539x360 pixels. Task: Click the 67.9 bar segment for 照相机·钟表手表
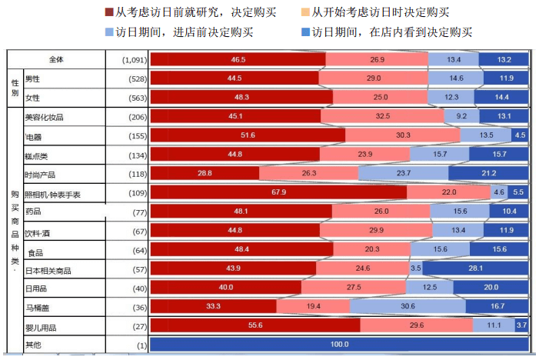(x=278, y=192)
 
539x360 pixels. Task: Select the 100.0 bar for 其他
(x=339, y=344)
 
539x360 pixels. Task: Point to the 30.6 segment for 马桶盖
(x=408, y=306)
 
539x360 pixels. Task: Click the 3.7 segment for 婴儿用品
(x=521, y=325)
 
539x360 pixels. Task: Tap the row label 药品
(x=34, y=212)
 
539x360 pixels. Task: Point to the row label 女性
(x=33, y=98)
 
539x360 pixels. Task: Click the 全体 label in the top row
(x=58, y=60)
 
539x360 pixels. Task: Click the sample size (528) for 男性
(x=128, y=78)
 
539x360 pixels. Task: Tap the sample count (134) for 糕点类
(x=128, y=155)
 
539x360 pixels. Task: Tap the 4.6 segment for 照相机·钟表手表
(x=499, y=192)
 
